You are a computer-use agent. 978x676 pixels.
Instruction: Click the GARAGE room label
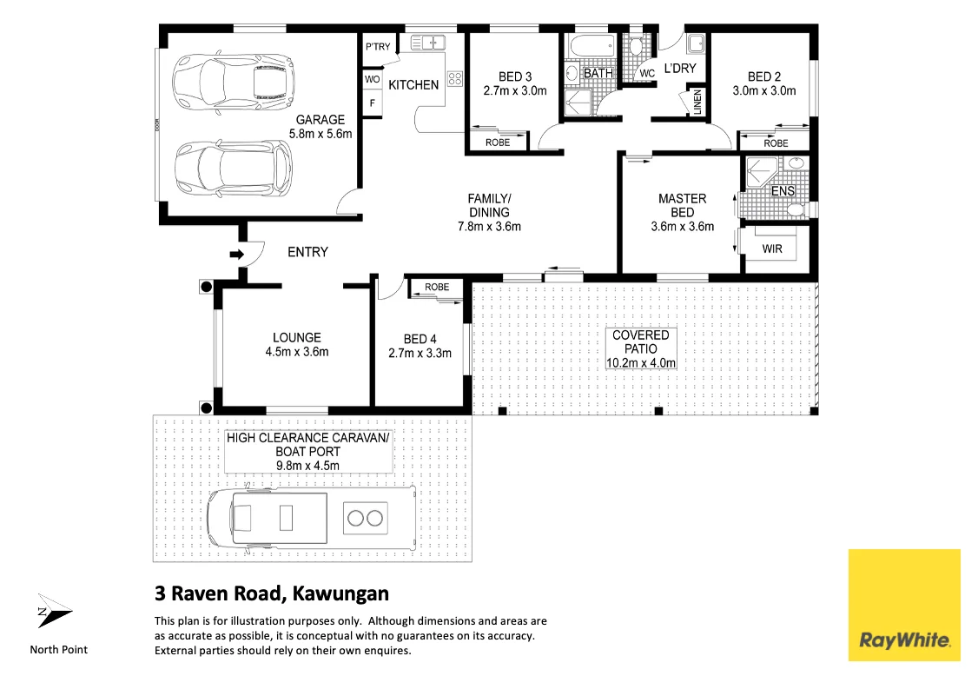point(320,120)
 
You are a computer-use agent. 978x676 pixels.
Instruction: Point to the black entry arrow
point(236,255)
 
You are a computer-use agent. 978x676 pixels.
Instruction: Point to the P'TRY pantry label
point(378,47)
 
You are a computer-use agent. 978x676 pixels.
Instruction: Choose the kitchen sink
point(426,42)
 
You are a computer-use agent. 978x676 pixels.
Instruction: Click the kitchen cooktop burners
point(455,79)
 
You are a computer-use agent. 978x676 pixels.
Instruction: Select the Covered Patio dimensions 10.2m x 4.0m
point(640,362)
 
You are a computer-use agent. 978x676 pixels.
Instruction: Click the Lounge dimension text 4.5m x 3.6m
point(297,352)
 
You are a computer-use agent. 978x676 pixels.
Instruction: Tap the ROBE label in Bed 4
point(437,287)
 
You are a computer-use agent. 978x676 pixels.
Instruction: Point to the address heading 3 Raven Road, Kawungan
point(272,594)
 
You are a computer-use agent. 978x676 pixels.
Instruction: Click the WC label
point(646,74)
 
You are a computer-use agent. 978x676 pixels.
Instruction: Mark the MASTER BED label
point(682,205)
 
